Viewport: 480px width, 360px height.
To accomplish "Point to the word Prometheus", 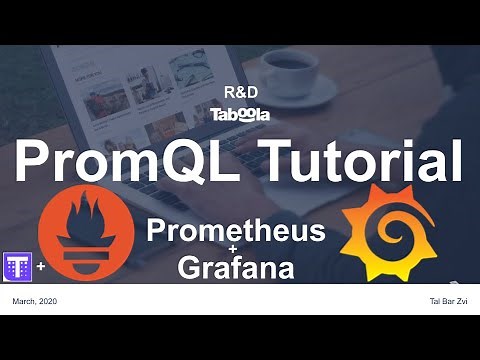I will click(x=236, y=231).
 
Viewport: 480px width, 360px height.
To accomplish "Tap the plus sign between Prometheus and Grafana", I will click(x=236, y=250).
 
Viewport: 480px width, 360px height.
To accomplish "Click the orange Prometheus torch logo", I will click(x=85, y=236).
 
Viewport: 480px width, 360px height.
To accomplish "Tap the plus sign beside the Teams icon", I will click(x=40, y=268).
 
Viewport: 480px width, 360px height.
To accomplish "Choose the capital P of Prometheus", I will click(x=158, y=231).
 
